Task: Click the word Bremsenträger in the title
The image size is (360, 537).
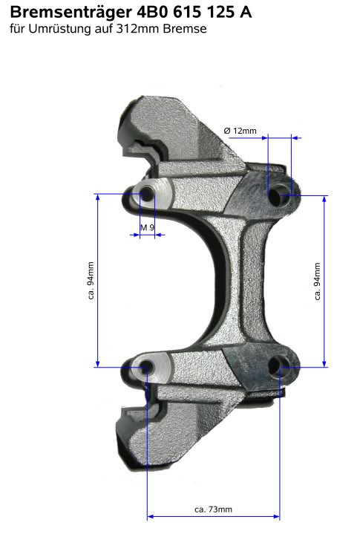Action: (x=71, y=13)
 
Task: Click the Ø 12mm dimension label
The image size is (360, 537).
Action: (x=240, y=131)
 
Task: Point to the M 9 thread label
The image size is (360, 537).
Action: (x=148, y=227)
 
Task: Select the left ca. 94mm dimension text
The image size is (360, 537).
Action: (x=91, y=281)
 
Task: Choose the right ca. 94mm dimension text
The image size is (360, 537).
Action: (x=317, y=281)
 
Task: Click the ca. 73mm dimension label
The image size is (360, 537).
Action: (x=213, y=510)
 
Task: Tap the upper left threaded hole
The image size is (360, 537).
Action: (x=146, y=194)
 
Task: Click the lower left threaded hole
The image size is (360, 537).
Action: (x=145, y=366)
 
